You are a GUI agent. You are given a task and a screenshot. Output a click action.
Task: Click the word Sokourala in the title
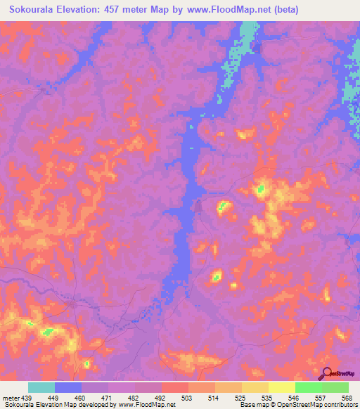click(x=34, y=10)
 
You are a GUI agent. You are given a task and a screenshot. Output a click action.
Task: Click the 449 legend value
click(x=53, y=398)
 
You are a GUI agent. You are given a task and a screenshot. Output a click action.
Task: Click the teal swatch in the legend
click(x=41, y=387)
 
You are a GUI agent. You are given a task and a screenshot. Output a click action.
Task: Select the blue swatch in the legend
click(x=68, y=387)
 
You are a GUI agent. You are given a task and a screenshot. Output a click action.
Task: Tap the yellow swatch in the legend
click(x=282, y=387)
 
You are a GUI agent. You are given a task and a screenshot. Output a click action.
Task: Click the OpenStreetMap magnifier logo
click(x=326, y=373)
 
